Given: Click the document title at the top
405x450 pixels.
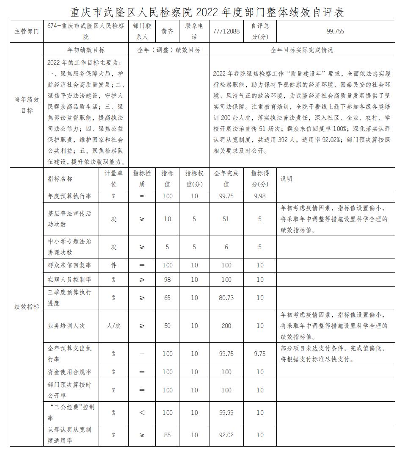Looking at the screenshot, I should point(207,11).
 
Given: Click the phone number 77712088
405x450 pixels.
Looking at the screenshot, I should point(226,31).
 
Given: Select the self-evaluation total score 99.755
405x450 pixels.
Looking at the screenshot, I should point(335,31).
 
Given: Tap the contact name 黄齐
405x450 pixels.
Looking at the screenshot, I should point(167,31).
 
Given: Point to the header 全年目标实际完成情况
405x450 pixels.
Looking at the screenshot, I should point(302,50).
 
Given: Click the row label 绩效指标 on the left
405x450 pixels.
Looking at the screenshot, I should point(27,306).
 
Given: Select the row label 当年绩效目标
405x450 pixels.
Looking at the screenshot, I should point(27,105).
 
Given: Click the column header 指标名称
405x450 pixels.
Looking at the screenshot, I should point(60,179).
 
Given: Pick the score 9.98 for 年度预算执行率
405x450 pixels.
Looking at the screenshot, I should point(260,196).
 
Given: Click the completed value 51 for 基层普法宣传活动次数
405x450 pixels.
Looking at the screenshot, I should point(226,219).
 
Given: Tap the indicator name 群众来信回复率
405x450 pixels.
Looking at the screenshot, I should point(69,265).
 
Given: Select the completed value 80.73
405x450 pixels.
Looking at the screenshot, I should point(226,297).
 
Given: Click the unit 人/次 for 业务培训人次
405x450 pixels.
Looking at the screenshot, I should point(113,326).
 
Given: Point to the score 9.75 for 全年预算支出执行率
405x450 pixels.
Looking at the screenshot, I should point(260,354).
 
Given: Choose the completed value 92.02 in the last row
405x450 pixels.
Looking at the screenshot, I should point(226,435).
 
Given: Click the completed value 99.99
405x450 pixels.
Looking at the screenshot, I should point(226,412).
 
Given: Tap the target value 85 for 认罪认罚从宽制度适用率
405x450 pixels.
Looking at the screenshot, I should point(167,435).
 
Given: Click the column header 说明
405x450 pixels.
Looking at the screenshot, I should point(287,179).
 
